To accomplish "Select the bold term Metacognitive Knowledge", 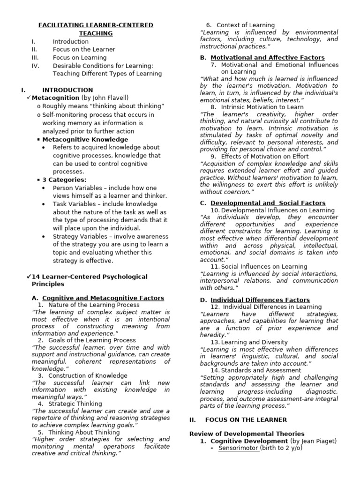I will [85, 139].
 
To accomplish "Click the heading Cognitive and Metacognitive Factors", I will [103, 298].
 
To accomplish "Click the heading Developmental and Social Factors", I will [268, 203].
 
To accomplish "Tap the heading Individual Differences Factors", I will [260, 300].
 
